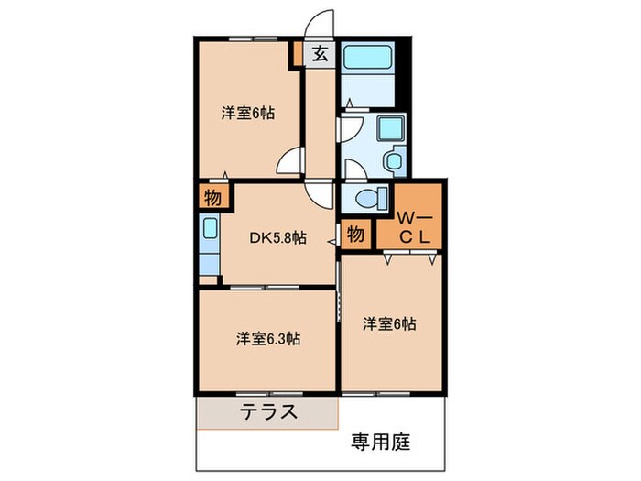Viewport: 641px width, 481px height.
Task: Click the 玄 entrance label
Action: (320, 53)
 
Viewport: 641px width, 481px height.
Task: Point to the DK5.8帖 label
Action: (278, 237)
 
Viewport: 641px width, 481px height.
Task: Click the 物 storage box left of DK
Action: (212, 198)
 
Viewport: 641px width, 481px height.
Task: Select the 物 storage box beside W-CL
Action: (355, 234)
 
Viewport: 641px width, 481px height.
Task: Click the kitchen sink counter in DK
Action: (209, 245)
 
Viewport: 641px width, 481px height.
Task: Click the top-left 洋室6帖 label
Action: (248, 115)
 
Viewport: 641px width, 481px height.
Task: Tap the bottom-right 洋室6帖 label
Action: (389, 323)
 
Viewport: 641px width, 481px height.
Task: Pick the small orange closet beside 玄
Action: (297, 53)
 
